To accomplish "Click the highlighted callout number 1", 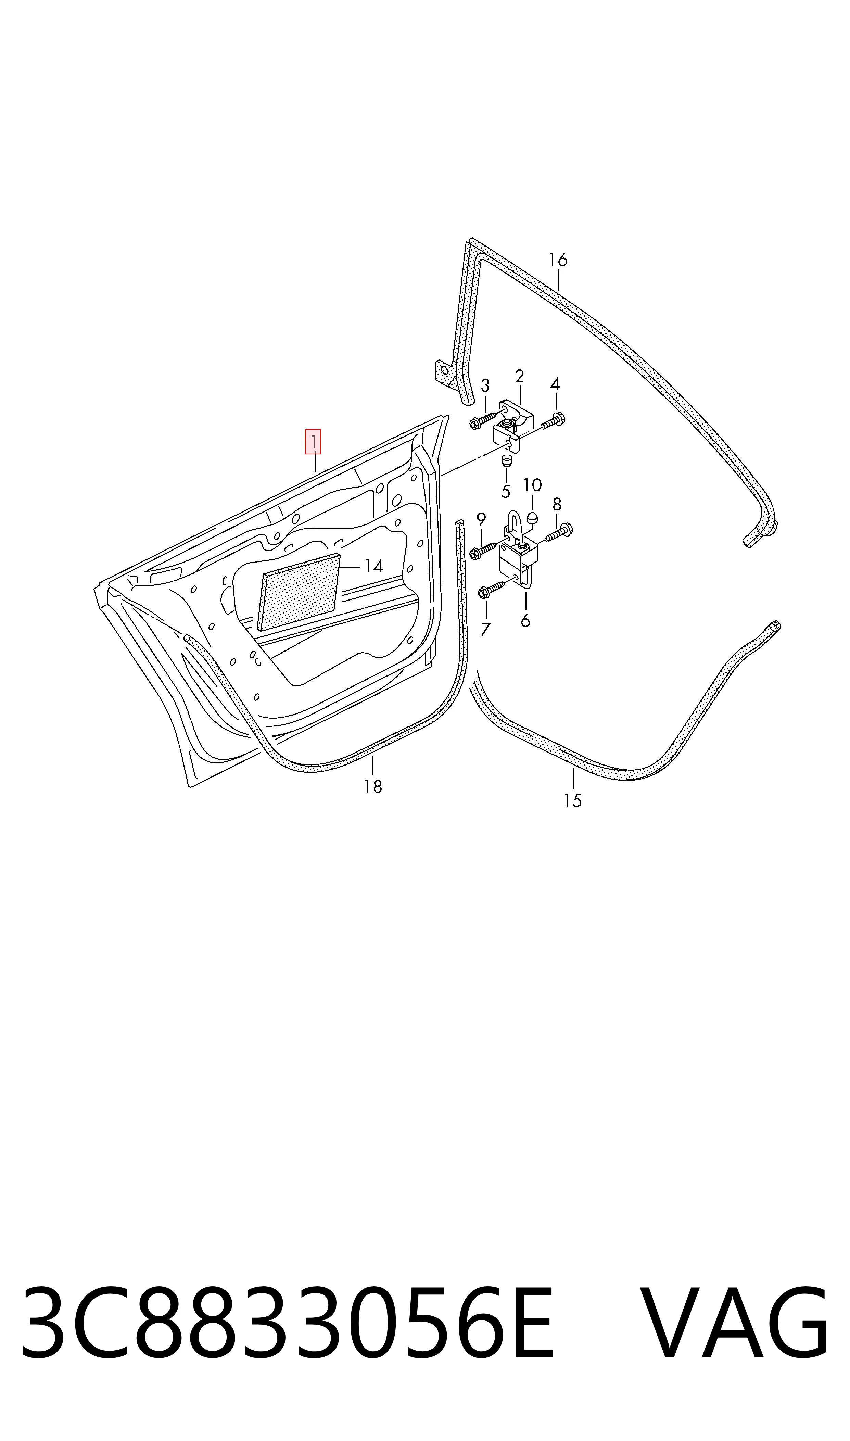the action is click(x=313, y=442).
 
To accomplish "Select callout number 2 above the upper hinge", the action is click(x=520, y=376).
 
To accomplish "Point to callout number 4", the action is click(x=555, y=384).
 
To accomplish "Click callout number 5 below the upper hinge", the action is click(x=506, y=491).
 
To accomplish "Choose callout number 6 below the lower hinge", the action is click(x=525, y=621).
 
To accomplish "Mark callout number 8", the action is click(x=557, y=505).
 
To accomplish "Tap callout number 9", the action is click(x=481, y=519).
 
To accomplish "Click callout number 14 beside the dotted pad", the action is click(x=373, y=566).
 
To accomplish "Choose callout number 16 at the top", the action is click(x=558, y=260).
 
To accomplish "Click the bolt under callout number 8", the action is click(x=559, y=532).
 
